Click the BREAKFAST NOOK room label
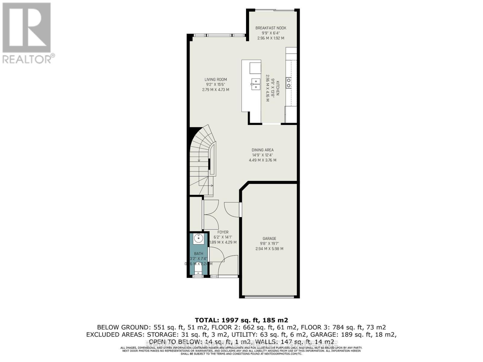(x=270, y=28)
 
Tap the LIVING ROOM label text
(x=216, y=80)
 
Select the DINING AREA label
(x=262, y=150)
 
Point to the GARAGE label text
(x=269, y=238)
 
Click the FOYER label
(x=223, y=232)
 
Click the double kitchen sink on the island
(x=255, y=84)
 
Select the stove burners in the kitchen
(x=289, y=83)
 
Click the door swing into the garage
(x=232, y=209)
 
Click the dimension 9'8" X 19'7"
(x=269, y=243)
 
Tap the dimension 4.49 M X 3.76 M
(x=262, y=160)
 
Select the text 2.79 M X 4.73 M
(x=216, y=90)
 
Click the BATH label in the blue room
(x=198, y=254)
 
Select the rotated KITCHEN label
(x=278, y=88)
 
